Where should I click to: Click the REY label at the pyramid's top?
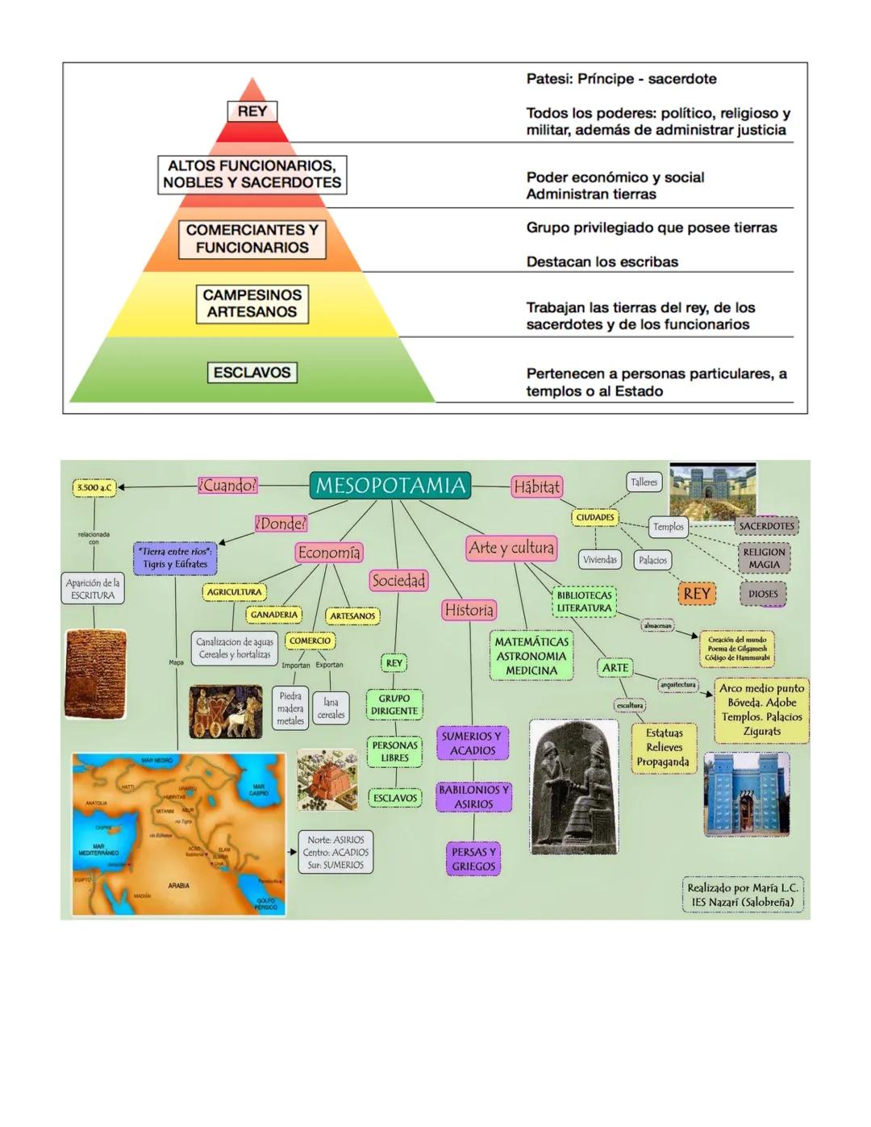(x=252, y=111)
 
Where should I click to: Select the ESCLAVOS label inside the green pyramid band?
(x=252, y=373)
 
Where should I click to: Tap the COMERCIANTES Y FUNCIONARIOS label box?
(x=252, y=239)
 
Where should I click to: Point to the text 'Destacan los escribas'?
(x=602, y=261)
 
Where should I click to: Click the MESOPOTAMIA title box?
(x=390, y=486)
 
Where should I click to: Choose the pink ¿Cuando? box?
(x=227, y=485)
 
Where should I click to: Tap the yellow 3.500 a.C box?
(x=94, y=487)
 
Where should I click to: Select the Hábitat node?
(x=536, y=486)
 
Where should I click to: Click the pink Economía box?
(x=329, y=553)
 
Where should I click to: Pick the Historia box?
(x=469, y=610)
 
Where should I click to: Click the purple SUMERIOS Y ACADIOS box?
(x=472, y=743)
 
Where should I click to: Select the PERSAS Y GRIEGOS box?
(x=473, y=859)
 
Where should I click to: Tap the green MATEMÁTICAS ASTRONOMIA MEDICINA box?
(x=531, y=656)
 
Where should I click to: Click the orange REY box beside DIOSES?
(x=696, y=594)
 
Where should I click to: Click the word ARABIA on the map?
(x=178, y=885)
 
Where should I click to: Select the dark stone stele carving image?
(x=573, y=787)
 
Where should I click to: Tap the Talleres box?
(x=644, y=482)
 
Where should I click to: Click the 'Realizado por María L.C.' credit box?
(x=742, y=895)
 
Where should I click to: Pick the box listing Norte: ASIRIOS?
(x=335, y=852)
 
